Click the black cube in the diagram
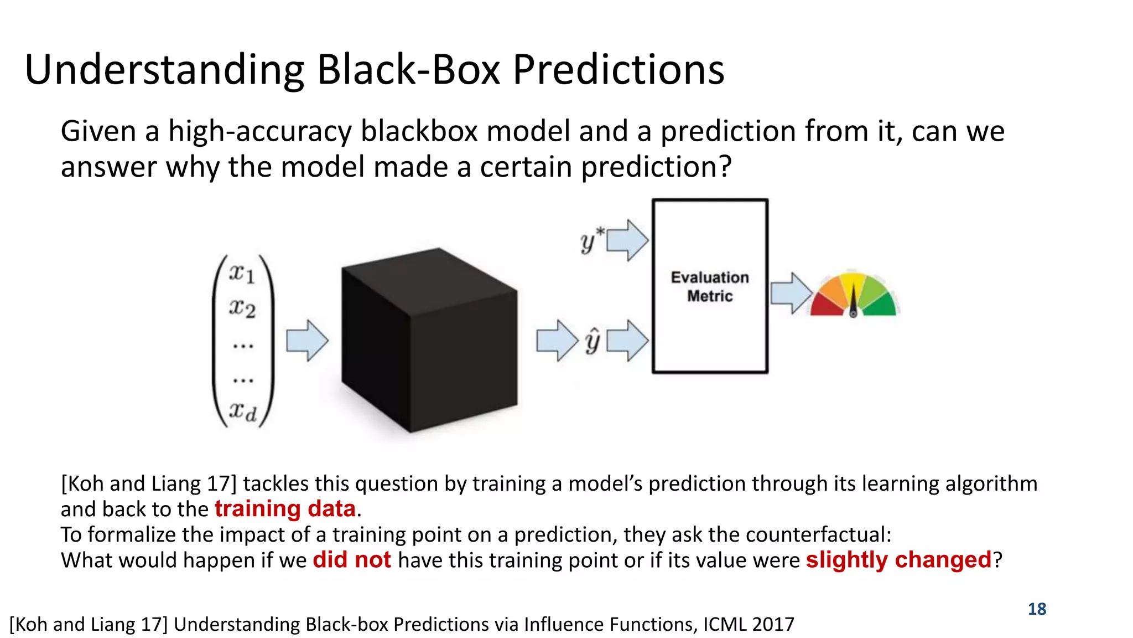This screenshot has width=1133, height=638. [429, 341]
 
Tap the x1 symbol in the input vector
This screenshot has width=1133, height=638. [242, 274]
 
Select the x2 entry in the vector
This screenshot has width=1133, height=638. [242, 308]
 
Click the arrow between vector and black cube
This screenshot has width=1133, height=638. [307, 341]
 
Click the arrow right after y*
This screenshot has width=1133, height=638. [628, 240]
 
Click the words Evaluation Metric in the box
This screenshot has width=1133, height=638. [710, 286]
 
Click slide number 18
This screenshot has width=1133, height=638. [1037, 609]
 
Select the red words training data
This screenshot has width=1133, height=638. [285, 509]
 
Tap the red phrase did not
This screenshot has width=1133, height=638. [352, 560]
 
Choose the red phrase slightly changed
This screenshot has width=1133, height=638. [898, 560]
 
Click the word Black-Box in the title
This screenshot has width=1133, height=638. [408, 70]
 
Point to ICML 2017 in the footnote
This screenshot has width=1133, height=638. [749, 624]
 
